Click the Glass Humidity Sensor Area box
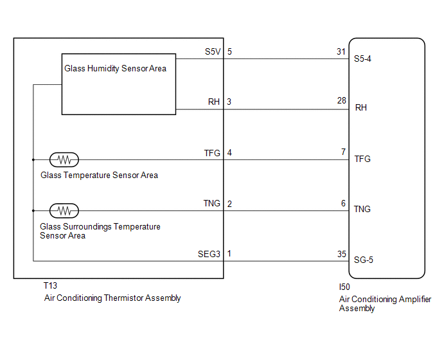pyautogui.click(x=119, y=84)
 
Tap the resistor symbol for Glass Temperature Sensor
pyautogui.click(x=64, y=159)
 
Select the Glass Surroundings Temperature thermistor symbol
pyautogui.click(x=64, y=210)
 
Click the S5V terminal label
pyautogui.click(x=211, y=51)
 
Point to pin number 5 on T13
pyautogui.click(x=229, y=51)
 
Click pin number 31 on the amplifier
pyautogui.click(x=341, y=51)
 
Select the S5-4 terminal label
pyautogui.click(x=363, y=58)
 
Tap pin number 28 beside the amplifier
pyautogui.click(x=341, y=101)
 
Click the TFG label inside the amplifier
pyautogui.click(x=362, y=159)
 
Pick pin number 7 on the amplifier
pyautogui.click(x=344, y=152)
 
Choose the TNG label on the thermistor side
pyautogui.click(x=212, y=203)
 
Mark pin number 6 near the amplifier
pyautogui.click(x=344, y=203)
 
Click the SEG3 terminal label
pyautogui.click(x=209, y=254)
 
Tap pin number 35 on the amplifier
pyautogui.click(x=341, y=254)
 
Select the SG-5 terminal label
pyautogui.click(x=363, y=260)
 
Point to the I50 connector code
pyautogui.click(x=345, y=288)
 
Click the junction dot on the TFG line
pyautogui.click(x=33, y=159)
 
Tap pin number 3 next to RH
pyautogui.click(x=229, y=102)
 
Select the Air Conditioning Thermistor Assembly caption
pyautogui.click(x=112, y=298)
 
